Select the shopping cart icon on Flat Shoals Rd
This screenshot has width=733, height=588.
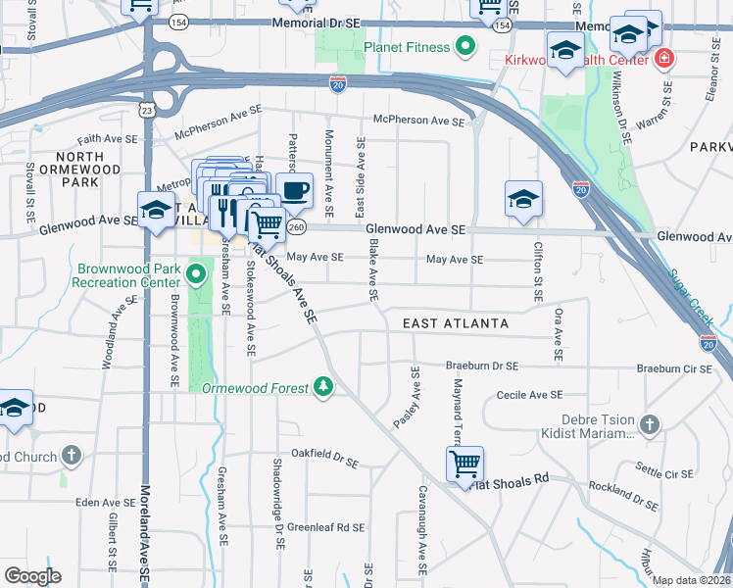click(x=464, y=464)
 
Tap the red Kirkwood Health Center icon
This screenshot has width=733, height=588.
click(x=664, y=59)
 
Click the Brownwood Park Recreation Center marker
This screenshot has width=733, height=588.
click(x=196, y=273)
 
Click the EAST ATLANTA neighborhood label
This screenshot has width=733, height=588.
click(x=456, y=322)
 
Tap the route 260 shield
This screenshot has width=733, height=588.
click(x=297, y=227)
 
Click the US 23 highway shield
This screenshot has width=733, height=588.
click(x=145, y=112)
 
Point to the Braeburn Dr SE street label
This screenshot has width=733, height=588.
click(x=481, y=366)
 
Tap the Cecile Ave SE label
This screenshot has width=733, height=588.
click(x=529, y=394)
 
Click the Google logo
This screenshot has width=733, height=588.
click(x=32, y=576)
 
